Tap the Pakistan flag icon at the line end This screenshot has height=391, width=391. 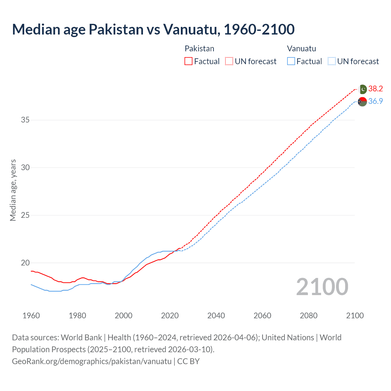(x=363, y=89)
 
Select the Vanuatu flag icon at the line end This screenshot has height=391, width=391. (x=362, y=102)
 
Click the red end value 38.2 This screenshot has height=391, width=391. (x=375, y=89)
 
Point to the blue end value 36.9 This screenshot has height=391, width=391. (x=375, y=101)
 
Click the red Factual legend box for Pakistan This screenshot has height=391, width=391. (x=188, y=61)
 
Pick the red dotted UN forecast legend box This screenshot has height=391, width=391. (x=229, y=61)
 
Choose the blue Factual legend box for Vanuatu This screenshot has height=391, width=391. (x=291, y=61)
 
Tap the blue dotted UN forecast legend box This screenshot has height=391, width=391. (x=331, y=61)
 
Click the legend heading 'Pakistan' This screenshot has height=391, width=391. (x=199, y=49)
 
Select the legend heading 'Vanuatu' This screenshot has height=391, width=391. (x=301, y=49)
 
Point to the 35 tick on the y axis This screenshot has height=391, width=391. (x=25, y=120)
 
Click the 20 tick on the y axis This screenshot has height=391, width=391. (x=25, y=263)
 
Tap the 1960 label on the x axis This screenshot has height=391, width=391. (x=31, y=316)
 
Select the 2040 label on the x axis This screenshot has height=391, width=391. (x=216, y=316)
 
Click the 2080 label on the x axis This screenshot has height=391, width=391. (x=309, y=316)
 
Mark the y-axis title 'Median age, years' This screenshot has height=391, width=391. (x=13, y=190)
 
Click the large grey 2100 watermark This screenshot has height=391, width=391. (x=322, y=287)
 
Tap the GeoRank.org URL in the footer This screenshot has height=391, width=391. (x=92, y=361)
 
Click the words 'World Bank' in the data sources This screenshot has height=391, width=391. (x=81, y=338)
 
